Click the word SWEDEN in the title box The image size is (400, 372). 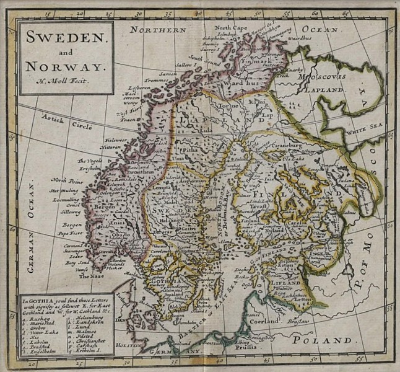(65, 37)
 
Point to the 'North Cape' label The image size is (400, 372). (230, 29)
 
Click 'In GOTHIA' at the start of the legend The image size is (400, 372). (37, 301)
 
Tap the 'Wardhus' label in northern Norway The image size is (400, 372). (242, 81)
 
